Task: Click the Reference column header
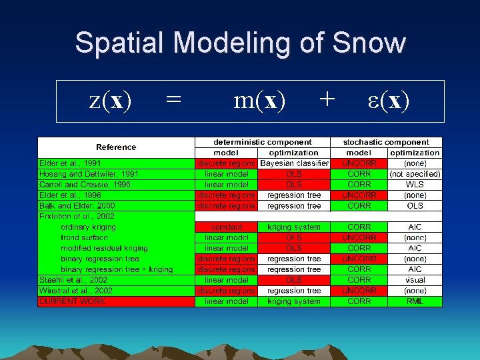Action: (x=116, y=147)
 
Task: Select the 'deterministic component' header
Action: (x=262, y=142)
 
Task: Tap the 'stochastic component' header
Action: (x=386, y=142)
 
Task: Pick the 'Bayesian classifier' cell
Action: (x=294, y=163)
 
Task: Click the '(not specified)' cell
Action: (x=415, y=174)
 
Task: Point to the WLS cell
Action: (x=415, y=185)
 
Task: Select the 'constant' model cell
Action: (x=226, y=227)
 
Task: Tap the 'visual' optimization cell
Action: (x=415, y=280)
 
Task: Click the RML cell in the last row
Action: (x=415, y=301)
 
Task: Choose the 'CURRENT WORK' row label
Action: (x=72, y=301)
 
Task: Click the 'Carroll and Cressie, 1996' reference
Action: (x=85, y=185)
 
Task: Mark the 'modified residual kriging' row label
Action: (x=104, y=248)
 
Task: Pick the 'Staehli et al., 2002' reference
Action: (x=73, y=280)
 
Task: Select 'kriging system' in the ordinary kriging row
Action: (x=294, y=227)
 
